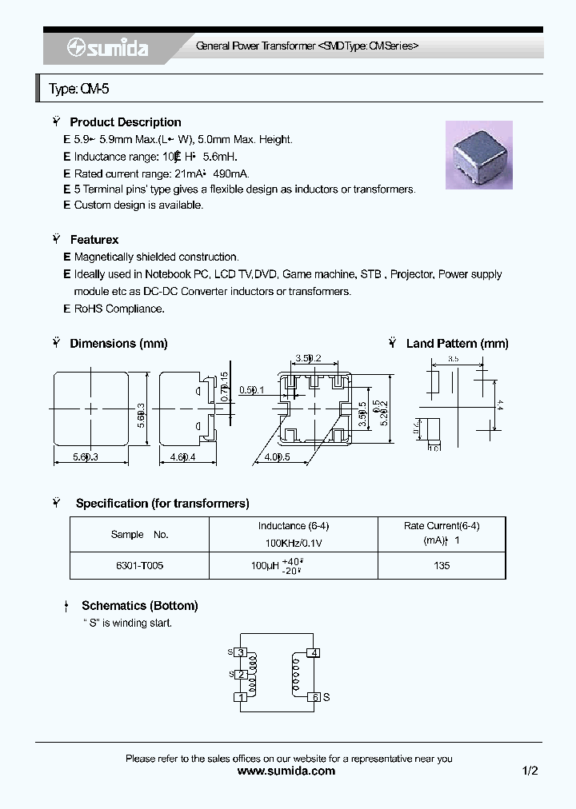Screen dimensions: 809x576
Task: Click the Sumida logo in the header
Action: tap(107, 49)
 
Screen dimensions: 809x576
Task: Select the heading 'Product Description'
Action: tap(126, 122)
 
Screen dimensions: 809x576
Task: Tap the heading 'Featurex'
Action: tap(94, 240)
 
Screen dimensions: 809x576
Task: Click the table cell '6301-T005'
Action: tap(139, 565)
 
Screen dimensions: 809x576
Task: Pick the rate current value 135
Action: tap(442, 565)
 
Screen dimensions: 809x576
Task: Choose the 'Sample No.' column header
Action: tap(139, 534)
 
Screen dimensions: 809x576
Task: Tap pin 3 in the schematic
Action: tap(240, 653)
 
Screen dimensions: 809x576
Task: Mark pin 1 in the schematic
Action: tap(240, 697)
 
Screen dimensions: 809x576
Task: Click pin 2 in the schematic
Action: tap(240, 675)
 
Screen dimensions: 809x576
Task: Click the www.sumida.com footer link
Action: tap(287, 771)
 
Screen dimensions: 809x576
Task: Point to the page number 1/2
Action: tap(530, 771)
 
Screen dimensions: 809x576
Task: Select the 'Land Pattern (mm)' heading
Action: tap(457, 344)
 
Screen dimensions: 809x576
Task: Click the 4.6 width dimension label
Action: tap(183, 457)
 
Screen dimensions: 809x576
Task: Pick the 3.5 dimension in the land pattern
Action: tap(453, 360)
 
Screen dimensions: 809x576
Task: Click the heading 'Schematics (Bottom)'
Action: tap(139, 606)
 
